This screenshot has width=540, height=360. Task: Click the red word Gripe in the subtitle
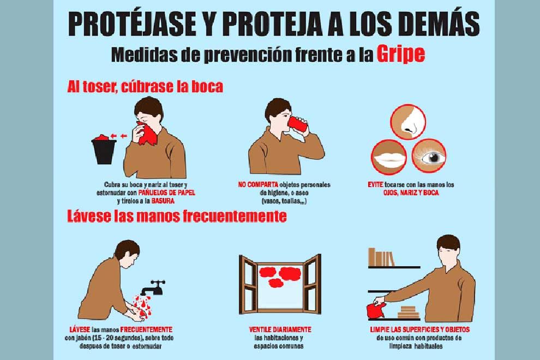tap(400, 54)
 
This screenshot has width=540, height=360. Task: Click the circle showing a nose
tap(408, 122)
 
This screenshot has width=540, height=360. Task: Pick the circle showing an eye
tap(429, 156)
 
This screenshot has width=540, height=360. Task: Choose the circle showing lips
tap(389, 158)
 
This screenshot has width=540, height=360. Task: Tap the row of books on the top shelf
tap(381, 257)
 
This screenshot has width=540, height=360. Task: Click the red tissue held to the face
tap(147, 133)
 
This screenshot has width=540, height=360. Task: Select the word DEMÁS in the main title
tap(440, 24)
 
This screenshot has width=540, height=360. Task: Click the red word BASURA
tap(163, 201)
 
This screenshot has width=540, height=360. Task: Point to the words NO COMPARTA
tap(259, 185)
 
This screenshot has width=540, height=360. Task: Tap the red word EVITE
tap(375, 185)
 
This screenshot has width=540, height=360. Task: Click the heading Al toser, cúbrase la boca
tap(145, 87)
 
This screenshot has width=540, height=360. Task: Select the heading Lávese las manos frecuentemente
tap(177, 217)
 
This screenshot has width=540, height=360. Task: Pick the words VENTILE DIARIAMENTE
tap(280, 329)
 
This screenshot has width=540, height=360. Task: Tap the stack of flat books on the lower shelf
tap(409, 313)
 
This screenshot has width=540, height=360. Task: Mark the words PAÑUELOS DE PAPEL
tap(167, 193)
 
